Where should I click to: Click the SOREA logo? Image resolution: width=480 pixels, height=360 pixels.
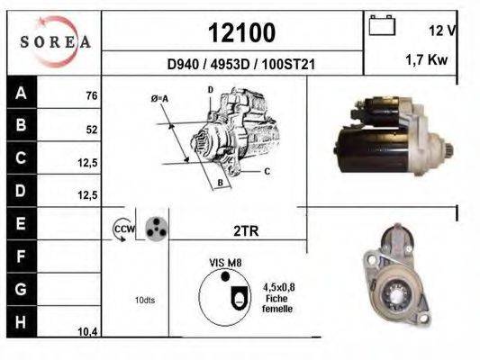(55, 41)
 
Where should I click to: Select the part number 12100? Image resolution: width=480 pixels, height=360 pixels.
(241, 32)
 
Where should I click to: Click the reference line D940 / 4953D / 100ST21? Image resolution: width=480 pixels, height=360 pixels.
(241, 65)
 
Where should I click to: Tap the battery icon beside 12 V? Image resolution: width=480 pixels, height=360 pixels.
(384, 26)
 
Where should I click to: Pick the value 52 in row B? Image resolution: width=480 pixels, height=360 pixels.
(91, 129)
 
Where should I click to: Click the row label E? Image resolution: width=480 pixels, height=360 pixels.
(21, 221)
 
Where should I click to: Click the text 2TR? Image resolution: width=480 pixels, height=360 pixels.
(246, 230)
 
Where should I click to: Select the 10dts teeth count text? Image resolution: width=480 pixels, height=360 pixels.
(144, 300)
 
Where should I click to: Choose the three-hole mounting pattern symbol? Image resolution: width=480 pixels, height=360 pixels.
(157, 229)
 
